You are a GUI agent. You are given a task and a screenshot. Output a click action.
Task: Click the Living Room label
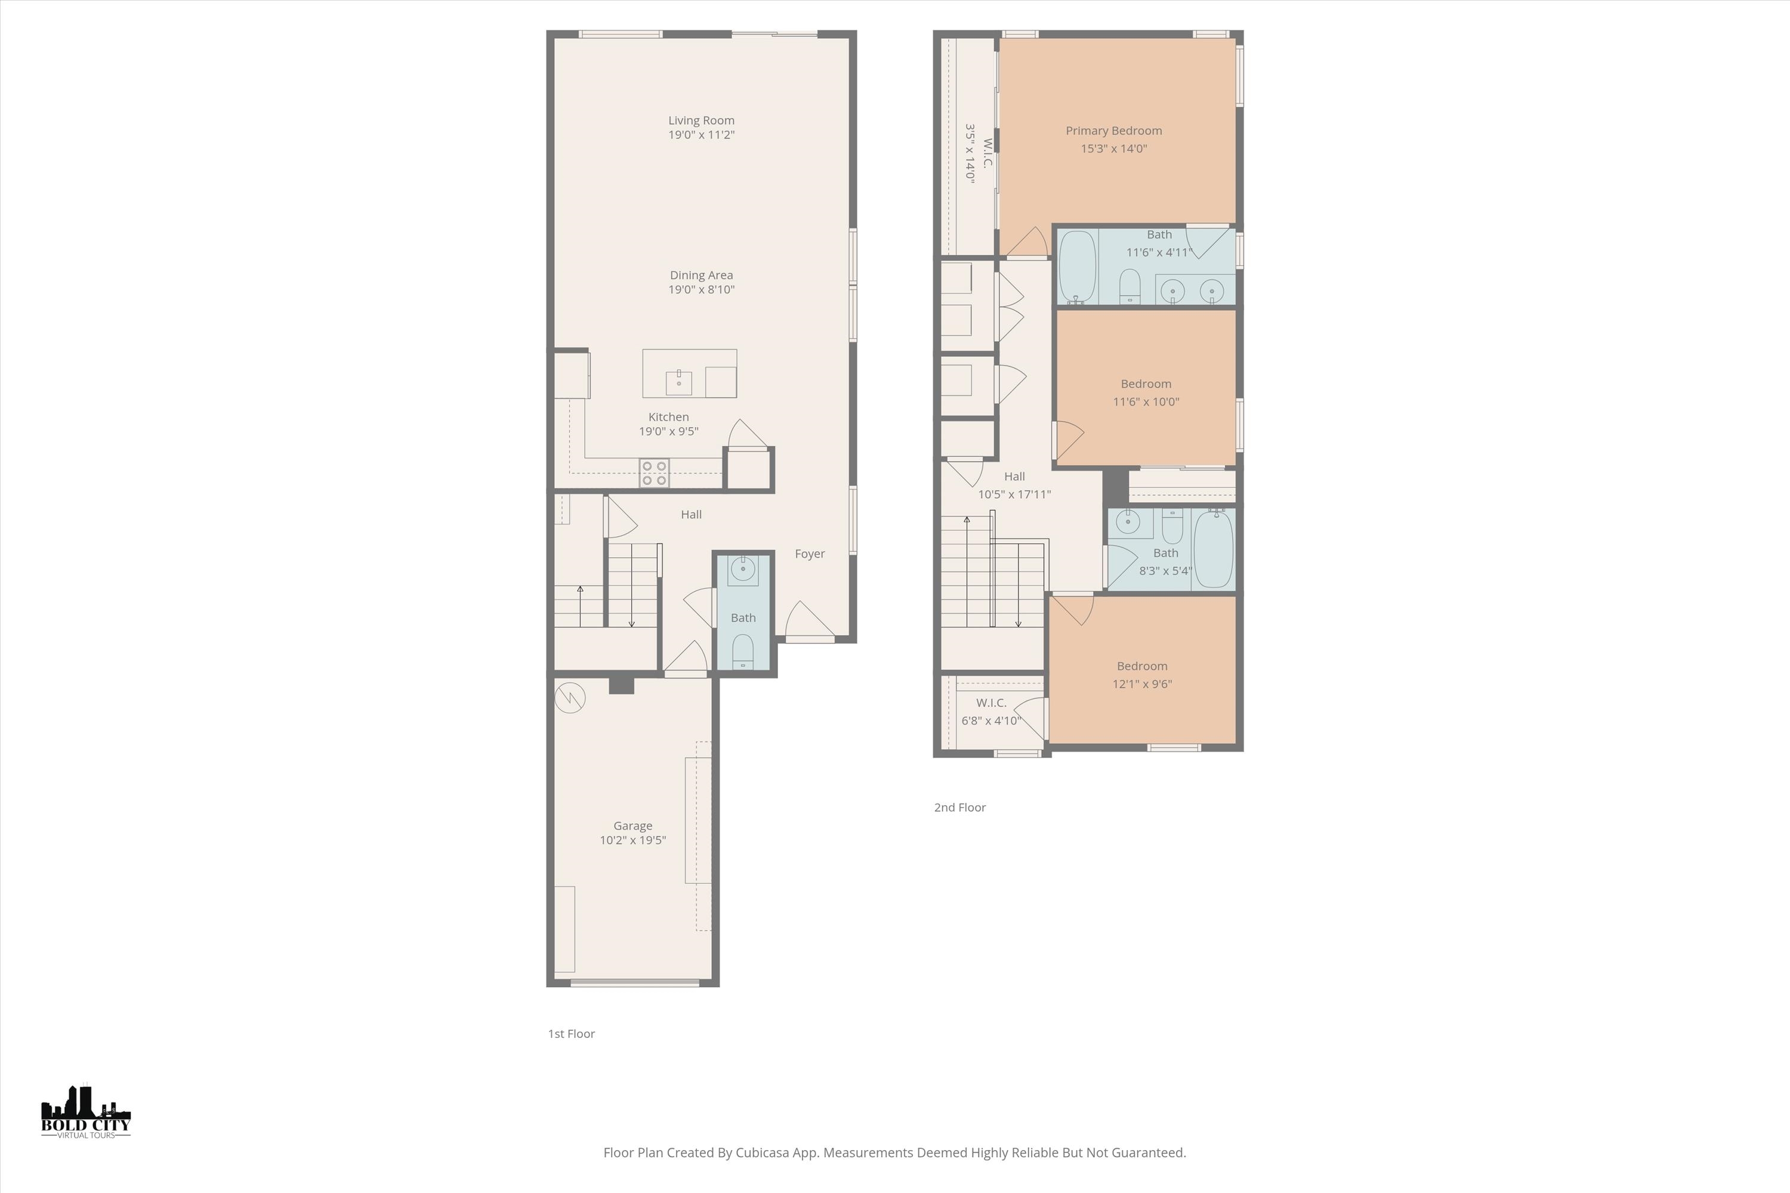click(x=701, y=120)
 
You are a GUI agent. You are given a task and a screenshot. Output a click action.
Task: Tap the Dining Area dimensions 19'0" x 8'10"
click(x=701, y=290)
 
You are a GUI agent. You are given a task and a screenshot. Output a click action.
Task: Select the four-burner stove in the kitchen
click(x=654, y=472)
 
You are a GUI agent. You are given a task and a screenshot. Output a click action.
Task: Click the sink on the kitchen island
click(x=678, y=382)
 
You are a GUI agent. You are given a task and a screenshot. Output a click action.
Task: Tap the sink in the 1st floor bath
click(x=742, y=568)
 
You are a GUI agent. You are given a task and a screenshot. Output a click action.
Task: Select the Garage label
click(x=632, y=826)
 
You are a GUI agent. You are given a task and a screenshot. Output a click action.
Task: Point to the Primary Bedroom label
click(x=1113, y=131)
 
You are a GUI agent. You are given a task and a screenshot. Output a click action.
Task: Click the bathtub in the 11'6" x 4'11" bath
click(x=1077, y=266)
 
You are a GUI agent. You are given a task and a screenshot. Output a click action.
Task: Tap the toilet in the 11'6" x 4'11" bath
click(x=1129, y=285)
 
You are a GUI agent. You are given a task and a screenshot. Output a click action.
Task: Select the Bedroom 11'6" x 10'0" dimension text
click(x=1146, y=401)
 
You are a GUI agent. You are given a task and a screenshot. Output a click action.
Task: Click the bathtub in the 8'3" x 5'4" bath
click(x=1213, y=549)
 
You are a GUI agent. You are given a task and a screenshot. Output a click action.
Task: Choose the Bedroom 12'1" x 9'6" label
click(x=1141, y=666)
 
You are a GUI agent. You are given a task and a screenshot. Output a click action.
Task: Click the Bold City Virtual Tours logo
click(x=85, y=1113)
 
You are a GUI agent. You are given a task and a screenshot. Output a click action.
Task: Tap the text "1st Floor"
click(x=571, y=1034)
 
